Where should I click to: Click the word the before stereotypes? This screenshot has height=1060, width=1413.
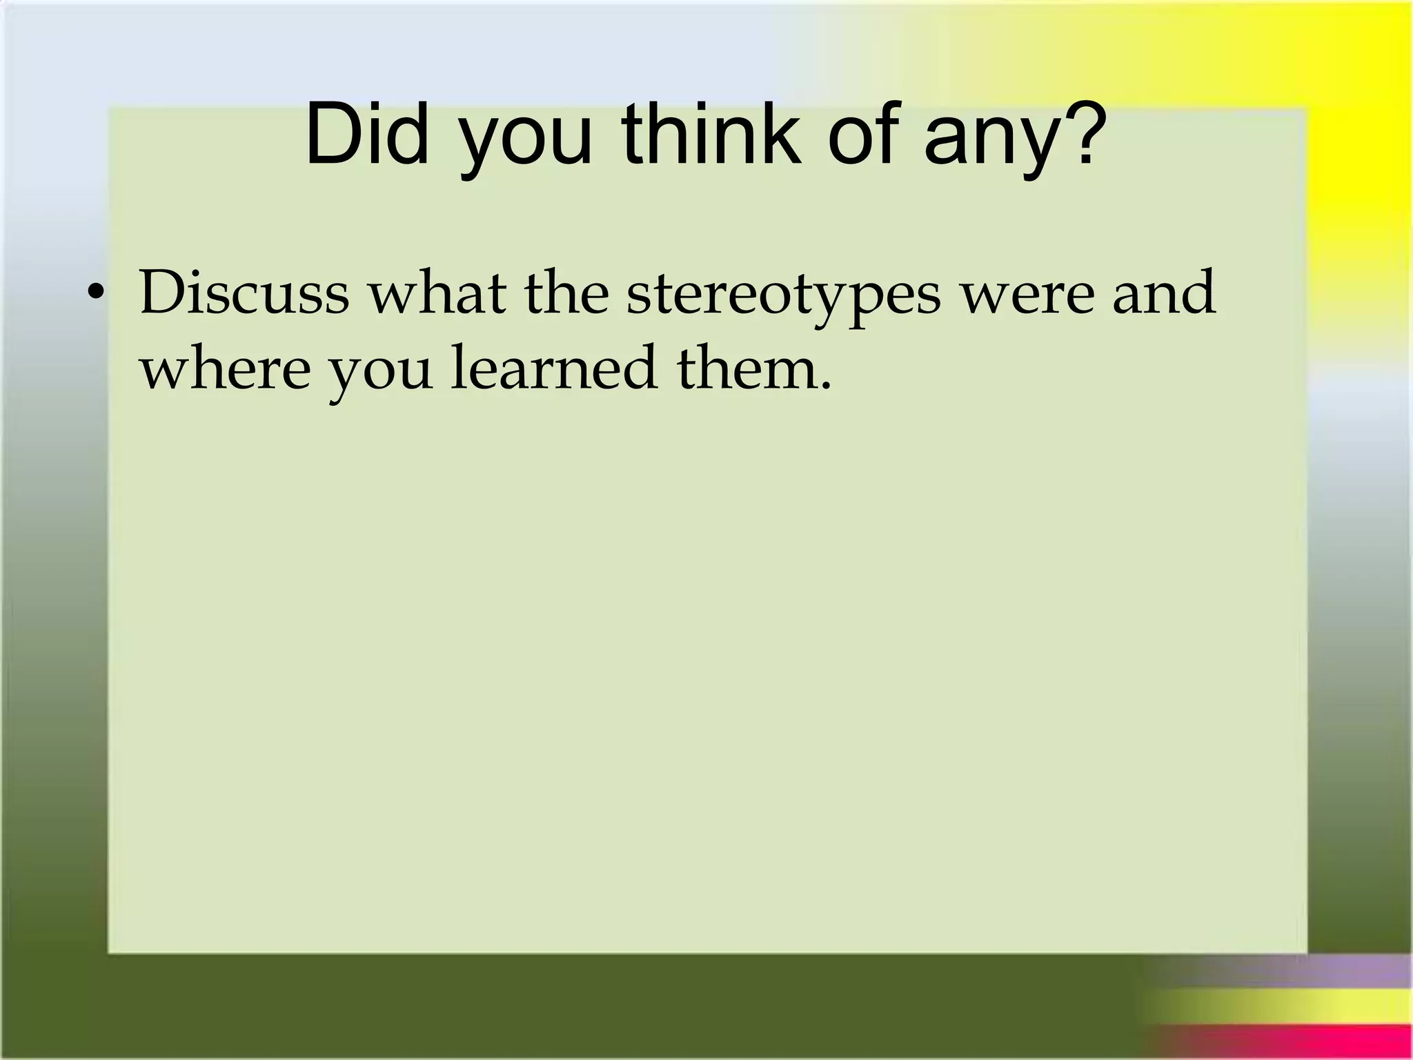pyautogui.click(x=566, y=293)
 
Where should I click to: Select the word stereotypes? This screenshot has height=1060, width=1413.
pyautogui.click(x=784, y=297)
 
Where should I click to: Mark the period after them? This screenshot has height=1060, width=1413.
pyautogui.click(x=825, y=385)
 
